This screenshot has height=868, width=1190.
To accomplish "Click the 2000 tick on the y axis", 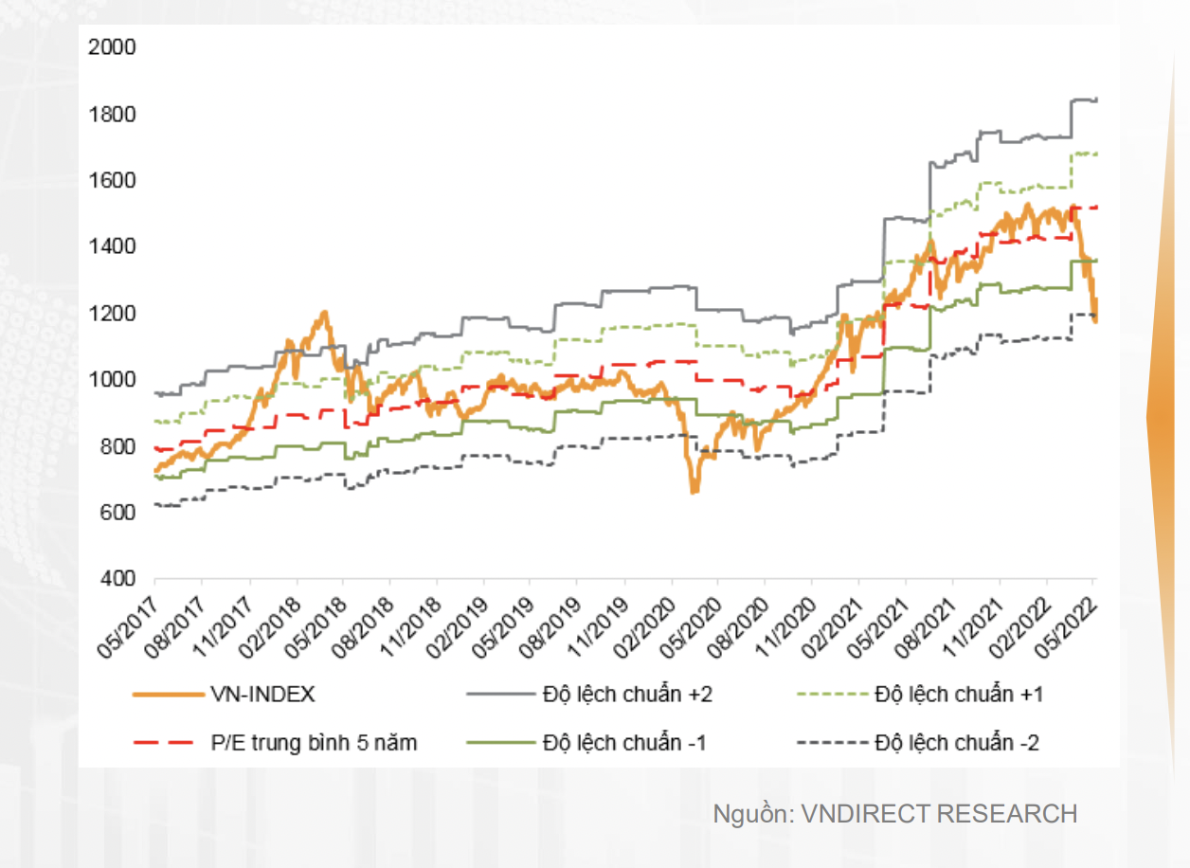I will pos(112,48).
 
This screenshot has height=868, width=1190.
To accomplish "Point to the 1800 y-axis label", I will pos(112,115).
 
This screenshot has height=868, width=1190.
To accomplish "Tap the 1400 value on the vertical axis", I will pos(112,247).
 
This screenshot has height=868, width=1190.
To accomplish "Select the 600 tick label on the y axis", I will pos(117,513).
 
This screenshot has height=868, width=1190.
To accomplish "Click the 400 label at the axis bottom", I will pos(117,579).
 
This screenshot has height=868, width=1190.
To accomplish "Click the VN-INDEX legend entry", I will pos(263,695).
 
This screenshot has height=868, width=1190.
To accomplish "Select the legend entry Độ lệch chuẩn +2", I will pos(627,695).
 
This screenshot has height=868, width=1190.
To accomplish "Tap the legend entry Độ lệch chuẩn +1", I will pos(958,695).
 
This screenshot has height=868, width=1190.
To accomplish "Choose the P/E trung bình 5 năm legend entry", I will pos(313,743).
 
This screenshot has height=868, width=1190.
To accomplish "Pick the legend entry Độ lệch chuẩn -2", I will pos(956,743).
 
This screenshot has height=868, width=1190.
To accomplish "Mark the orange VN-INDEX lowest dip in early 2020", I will pos(694,491).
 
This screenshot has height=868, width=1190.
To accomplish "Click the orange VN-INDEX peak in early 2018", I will pos(324,312).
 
